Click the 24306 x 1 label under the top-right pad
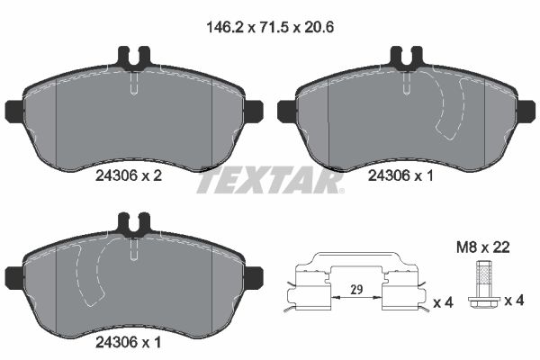coord(401,177)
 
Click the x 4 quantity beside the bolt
coord(515,300)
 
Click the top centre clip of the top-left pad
coord(134,58)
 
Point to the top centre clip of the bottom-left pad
coord(134,222)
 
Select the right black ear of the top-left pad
coord(253,111)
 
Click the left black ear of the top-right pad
coord(286,111)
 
